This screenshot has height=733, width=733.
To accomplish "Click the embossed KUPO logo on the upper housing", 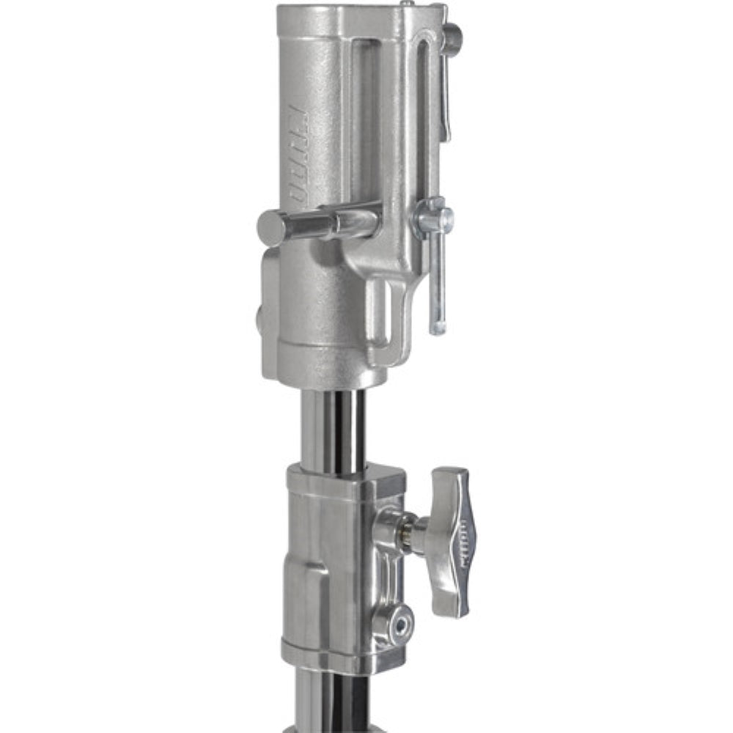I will tap(298, 154).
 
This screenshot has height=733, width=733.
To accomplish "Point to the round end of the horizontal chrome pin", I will tap(269, 228).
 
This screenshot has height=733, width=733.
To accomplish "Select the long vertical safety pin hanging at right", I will tap(437, 279).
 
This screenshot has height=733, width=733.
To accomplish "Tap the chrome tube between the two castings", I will tap(334, 429).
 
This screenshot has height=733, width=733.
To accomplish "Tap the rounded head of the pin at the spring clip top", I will tap(452, 38).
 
